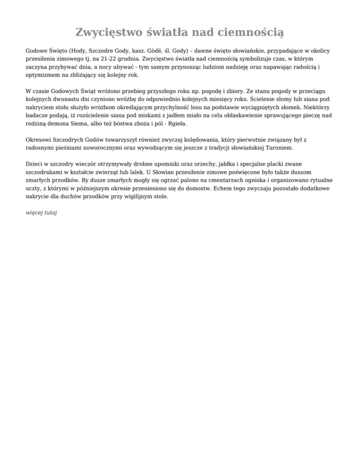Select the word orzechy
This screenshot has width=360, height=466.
click(186, 165)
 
